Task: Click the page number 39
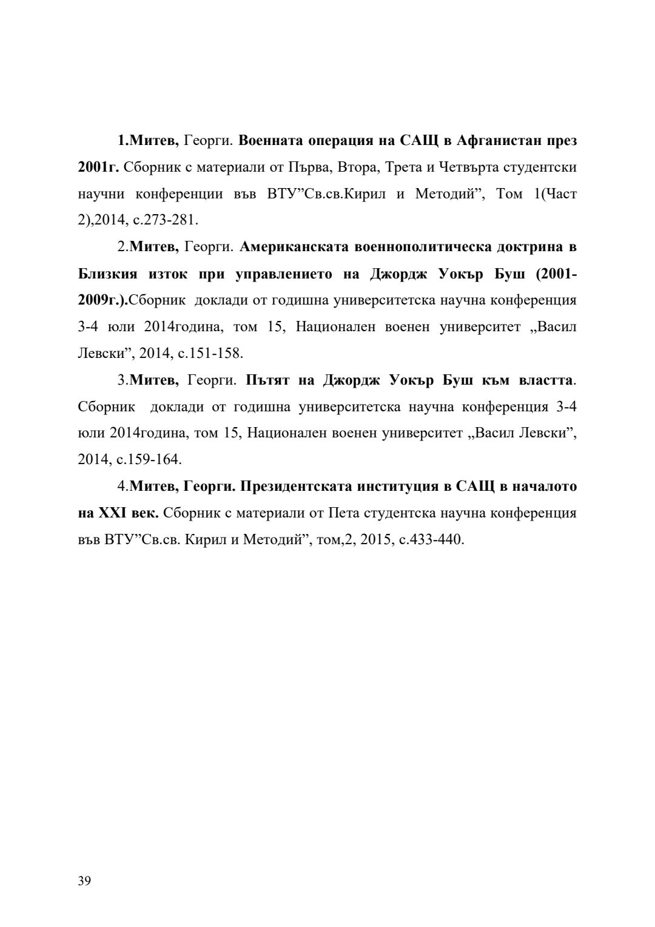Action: (84, 881)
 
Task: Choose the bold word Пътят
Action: (269, 380)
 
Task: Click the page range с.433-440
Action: (432, 539)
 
